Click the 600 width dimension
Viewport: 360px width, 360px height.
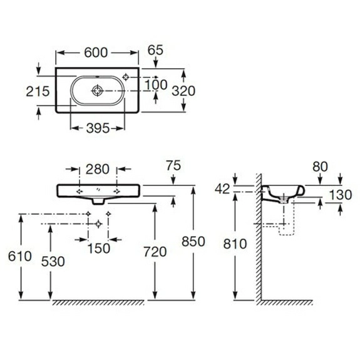[x=96, y=53]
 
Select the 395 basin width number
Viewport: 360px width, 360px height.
[x=98, y=128]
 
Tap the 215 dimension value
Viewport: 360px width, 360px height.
[x=38, y=91]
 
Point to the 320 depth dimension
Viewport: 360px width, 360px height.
[x=183, y=91]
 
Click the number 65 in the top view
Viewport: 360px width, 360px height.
[x=155, y=50]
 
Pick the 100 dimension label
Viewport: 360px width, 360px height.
[x=156, y=85]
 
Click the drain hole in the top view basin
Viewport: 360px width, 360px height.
[x=97, y=91]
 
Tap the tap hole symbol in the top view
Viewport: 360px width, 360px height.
[x=126, y=77]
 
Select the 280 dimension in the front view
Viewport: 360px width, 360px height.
[x=98, y=170]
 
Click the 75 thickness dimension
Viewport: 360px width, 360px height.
[x=173, y=165]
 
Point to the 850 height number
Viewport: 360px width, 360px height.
[x=193, y=242]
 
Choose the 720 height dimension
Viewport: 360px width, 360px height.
[x=155, y=252]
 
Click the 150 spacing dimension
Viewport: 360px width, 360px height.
[x=99, y=249]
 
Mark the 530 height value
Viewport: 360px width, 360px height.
[x=53, y=262]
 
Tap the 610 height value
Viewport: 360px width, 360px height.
[x=20, y=256]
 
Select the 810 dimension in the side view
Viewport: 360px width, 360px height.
[x=235, y=244]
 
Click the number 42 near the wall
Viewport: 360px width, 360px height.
[x=222, y=189]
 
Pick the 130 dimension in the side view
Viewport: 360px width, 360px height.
[x=340, y=195]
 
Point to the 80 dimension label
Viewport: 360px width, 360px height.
[x=320, y=167]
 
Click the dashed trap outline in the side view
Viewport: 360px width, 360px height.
[x=287, y=235]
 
